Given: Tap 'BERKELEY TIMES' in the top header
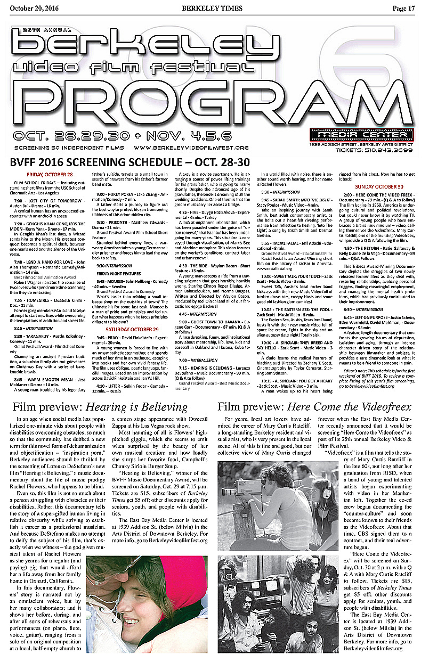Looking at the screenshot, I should coord(212,8).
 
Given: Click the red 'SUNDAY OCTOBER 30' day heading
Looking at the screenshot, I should coord(379,186).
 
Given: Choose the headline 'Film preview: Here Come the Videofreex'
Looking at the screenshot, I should coord(314,406).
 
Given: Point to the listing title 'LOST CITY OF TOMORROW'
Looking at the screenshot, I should coord(50,200).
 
